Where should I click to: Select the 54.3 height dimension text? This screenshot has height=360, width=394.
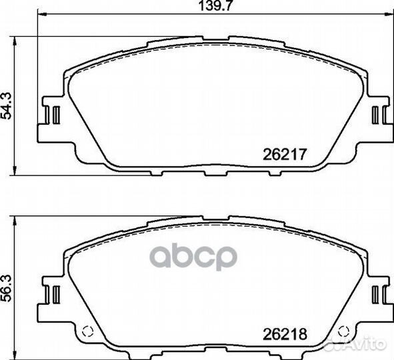[7, 105]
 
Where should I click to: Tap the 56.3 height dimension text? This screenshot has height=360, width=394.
[7, 287]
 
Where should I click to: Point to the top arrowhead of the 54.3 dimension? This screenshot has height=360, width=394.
[15, 37]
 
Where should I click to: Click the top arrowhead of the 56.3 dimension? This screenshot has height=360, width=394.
[15, 219]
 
